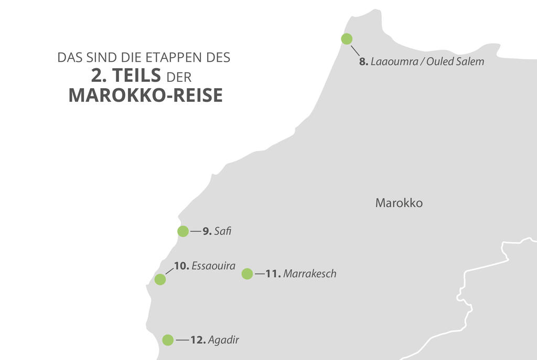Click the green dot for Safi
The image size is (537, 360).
(x=182, y=231)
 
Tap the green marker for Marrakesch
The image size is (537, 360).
(x=247, y=274)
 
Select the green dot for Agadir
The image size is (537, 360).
(x=168, y=340)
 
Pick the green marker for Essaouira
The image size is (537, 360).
(x=160, y=279)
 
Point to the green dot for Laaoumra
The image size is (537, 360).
(x=347, y=39)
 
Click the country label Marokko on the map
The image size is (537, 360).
(x=399, y=203)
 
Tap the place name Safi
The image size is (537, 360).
(x=222, y=231)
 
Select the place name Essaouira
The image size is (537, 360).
(x=213, y=266)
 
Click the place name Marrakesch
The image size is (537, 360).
(x=309, y=274)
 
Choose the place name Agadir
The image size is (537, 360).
(x=223, y=340)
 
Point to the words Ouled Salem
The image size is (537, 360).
(x=455, y=62)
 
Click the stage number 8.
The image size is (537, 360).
(x=363, y=62)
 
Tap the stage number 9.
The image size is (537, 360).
(x=207, y=231)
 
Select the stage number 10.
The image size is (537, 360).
(x=181, y=266)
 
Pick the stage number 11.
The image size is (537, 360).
(x=273, y=274)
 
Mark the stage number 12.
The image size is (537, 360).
(x=198, y=340)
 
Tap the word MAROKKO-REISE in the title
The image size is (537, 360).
(x=145, y=96)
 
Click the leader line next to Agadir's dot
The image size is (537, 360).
(x=182, y=340)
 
